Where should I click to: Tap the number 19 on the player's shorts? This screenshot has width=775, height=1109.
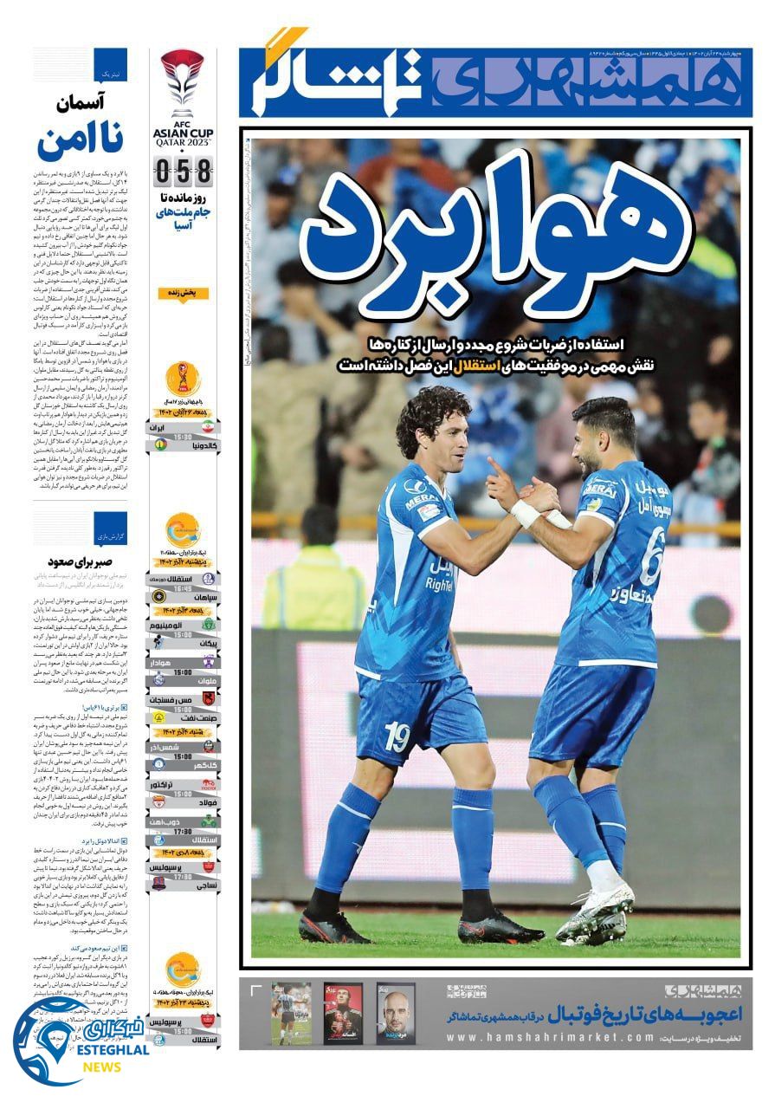pyautogui.click(x=397, y=736)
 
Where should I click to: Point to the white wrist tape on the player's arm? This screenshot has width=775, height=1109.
pyautogui.click(x=526, y=514)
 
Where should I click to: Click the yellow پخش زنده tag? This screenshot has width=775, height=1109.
pyautogui.click(x=183, y=294)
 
